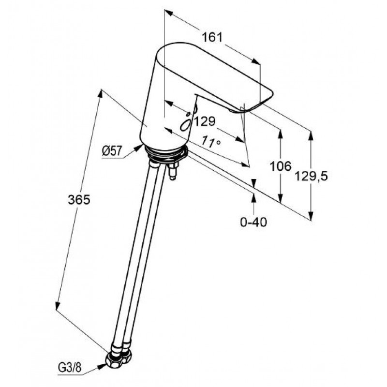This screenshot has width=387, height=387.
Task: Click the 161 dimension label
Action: (212, 38)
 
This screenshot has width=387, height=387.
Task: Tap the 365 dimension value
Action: (79, 200)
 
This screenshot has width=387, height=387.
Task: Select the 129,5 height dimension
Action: (311, 176)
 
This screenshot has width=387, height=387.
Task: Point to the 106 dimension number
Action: (281, 166)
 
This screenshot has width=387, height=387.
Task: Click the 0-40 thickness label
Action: (253, 222)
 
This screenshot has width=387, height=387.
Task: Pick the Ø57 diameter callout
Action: (112, 150)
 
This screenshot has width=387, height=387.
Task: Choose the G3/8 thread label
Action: (70, 368)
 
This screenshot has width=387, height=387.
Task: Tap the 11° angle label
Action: (210, 142)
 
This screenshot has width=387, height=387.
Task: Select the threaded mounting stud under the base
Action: (172, 170)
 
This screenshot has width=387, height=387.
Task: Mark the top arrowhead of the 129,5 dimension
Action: (311, 136)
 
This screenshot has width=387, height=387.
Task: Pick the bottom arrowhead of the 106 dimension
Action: (280, 198)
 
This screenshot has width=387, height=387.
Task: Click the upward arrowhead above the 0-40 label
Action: (253, 198)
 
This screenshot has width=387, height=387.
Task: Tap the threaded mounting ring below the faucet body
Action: (166, 153)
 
